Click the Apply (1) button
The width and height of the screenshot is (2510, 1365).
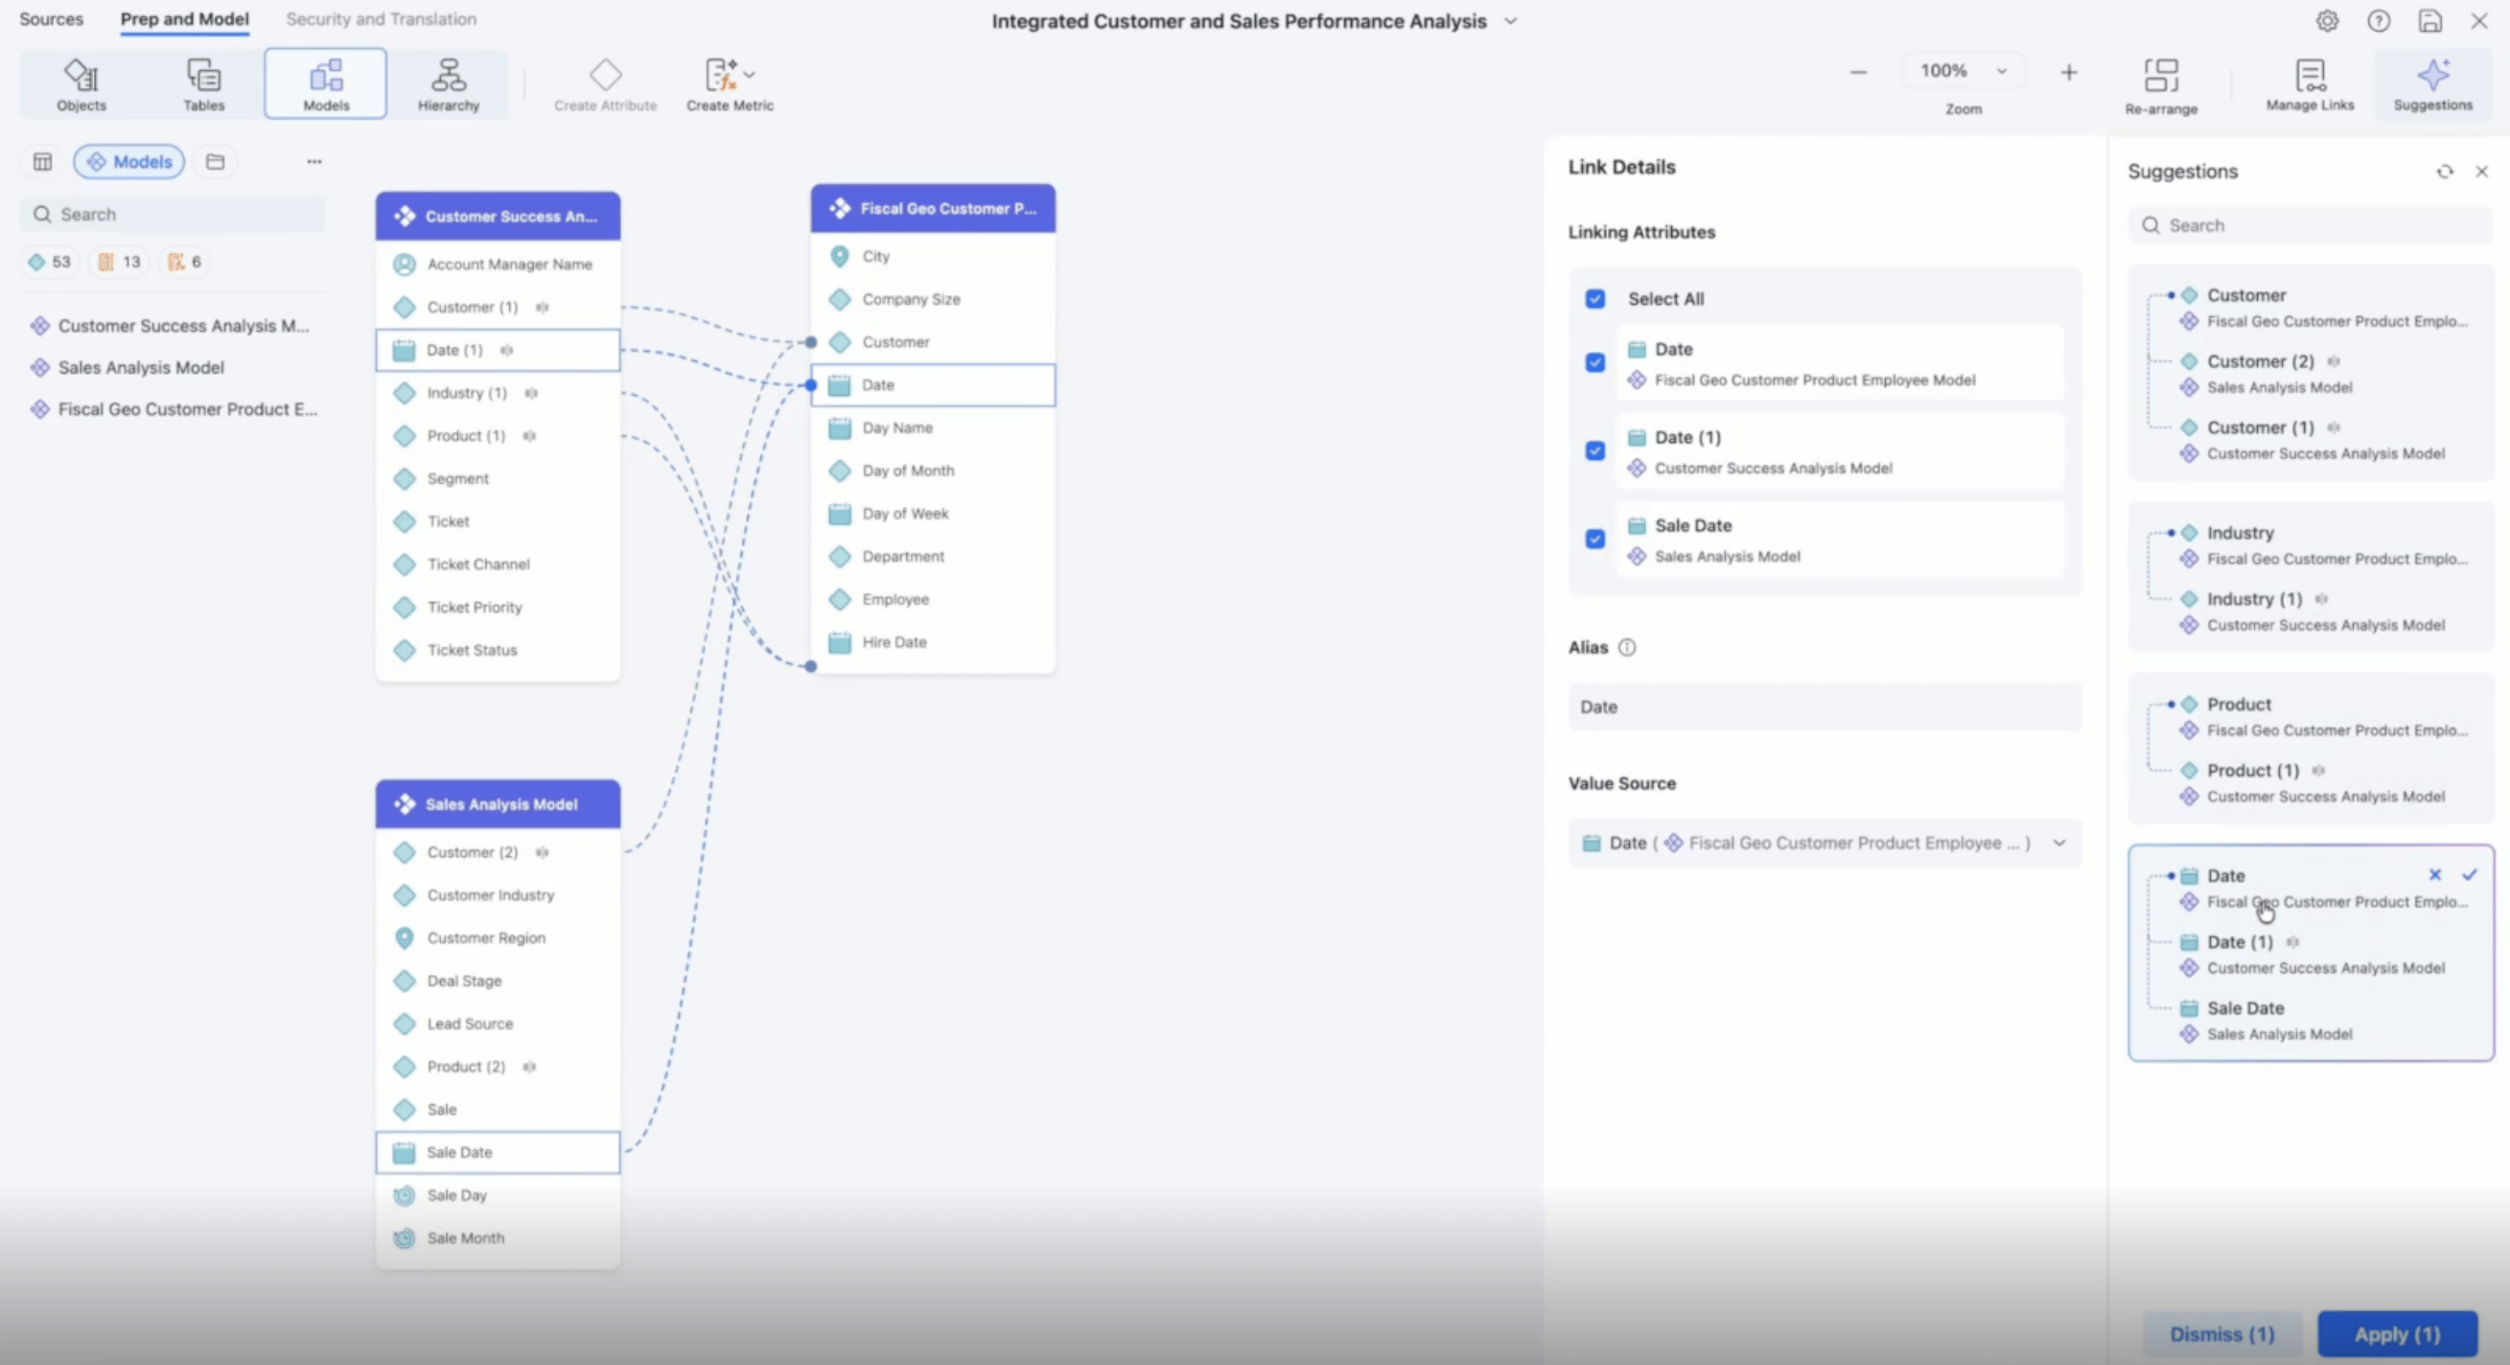pos(2397,1333)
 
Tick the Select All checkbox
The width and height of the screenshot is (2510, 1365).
pos(1595,299)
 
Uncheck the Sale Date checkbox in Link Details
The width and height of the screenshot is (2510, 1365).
pos(1595,539)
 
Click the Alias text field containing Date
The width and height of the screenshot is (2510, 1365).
pos(1824,706)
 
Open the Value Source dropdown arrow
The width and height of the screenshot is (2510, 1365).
pos(2058,843)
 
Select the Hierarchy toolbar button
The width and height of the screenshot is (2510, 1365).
pos(449,84)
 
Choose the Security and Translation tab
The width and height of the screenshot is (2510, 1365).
pos(381,19)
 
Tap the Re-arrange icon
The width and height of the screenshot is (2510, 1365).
pos(2160,76)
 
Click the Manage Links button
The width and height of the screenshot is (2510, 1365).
pos(2310,84)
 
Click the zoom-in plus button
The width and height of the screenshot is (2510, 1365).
pos(2069,72)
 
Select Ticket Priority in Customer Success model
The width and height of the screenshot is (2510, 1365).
pos(475,607)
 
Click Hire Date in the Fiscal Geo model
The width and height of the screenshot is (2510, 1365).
pos(894,642)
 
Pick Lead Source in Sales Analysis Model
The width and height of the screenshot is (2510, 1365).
pos(470,1024)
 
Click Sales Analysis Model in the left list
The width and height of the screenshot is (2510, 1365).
pos(140,367)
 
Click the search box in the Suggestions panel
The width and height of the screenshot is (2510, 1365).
pos(2310,225)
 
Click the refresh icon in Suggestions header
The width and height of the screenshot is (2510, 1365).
pos(2445,172)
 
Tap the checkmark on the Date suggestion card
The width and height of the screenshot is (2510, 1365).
pos(2469,875)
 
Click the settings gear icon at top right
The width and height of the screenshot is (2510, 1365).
pos(2327,20)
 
